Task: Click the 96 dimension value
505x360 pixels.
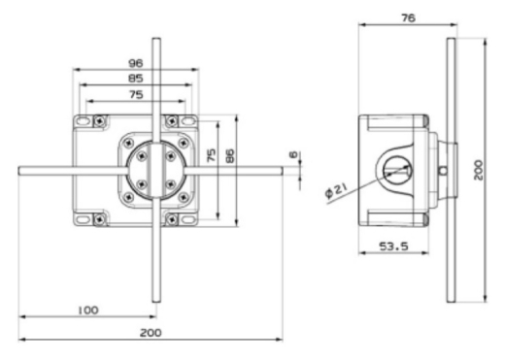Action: click(135, 63)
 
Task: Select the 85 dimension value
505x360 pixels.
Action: click(136, 79)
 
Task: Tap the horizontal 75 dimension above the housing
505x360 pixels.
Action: click(136, 95)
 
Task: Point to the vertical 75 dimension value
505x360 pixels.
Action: click(211, 155)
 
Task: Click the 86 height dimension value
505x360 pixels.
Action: click(229, 156)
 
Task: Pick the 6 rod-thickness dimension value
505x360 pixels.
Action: click(293, 154)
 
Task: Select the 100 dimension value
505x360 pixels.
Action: click(88, 311)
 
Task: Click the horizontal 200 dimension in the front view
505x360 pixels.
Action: click(151, 333)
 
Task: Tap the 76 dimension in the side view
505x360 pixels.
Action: click(409, 18)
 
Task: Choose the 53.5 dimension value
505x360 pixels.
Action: click(393, 246)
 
